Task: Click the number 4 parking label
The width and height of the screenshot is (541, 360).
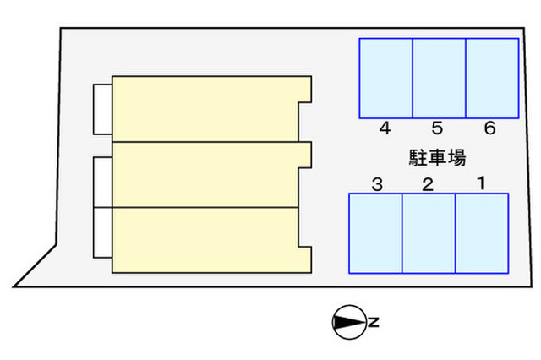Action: tap(385, 129)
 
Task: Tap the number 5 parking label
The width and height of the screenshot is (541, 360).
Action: tap(437, 129)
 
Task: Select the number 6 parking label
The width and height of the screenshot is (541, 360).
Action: tap(489, 129)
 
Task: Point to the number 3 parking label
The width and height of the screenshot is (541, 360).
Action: tap(377, 184)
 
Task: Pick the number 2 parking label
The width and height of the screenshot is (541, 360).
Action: tap(428, 184)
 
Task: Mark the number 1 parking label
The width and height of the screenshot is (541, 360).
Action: tap(481, 184)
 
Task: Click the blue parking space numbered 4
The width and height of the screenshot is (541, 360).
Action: tap(386, 78)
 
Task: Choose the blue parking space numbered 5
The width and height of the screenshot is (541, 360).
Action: tap(439, 78)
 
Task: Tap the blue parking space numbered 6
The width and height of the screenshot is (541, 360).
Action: tap(492, 78)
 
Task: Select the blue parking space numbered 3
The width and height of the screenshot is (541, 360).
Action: tap(375, 233)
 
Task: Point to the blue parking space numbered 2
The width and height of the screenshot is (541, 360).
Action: tap(429, 233)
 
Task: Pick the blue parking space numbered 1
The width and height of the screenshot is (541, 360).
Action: tap(482, 233)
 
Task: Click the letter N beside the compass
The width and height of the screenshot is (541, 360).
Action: tap(373, 322)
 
